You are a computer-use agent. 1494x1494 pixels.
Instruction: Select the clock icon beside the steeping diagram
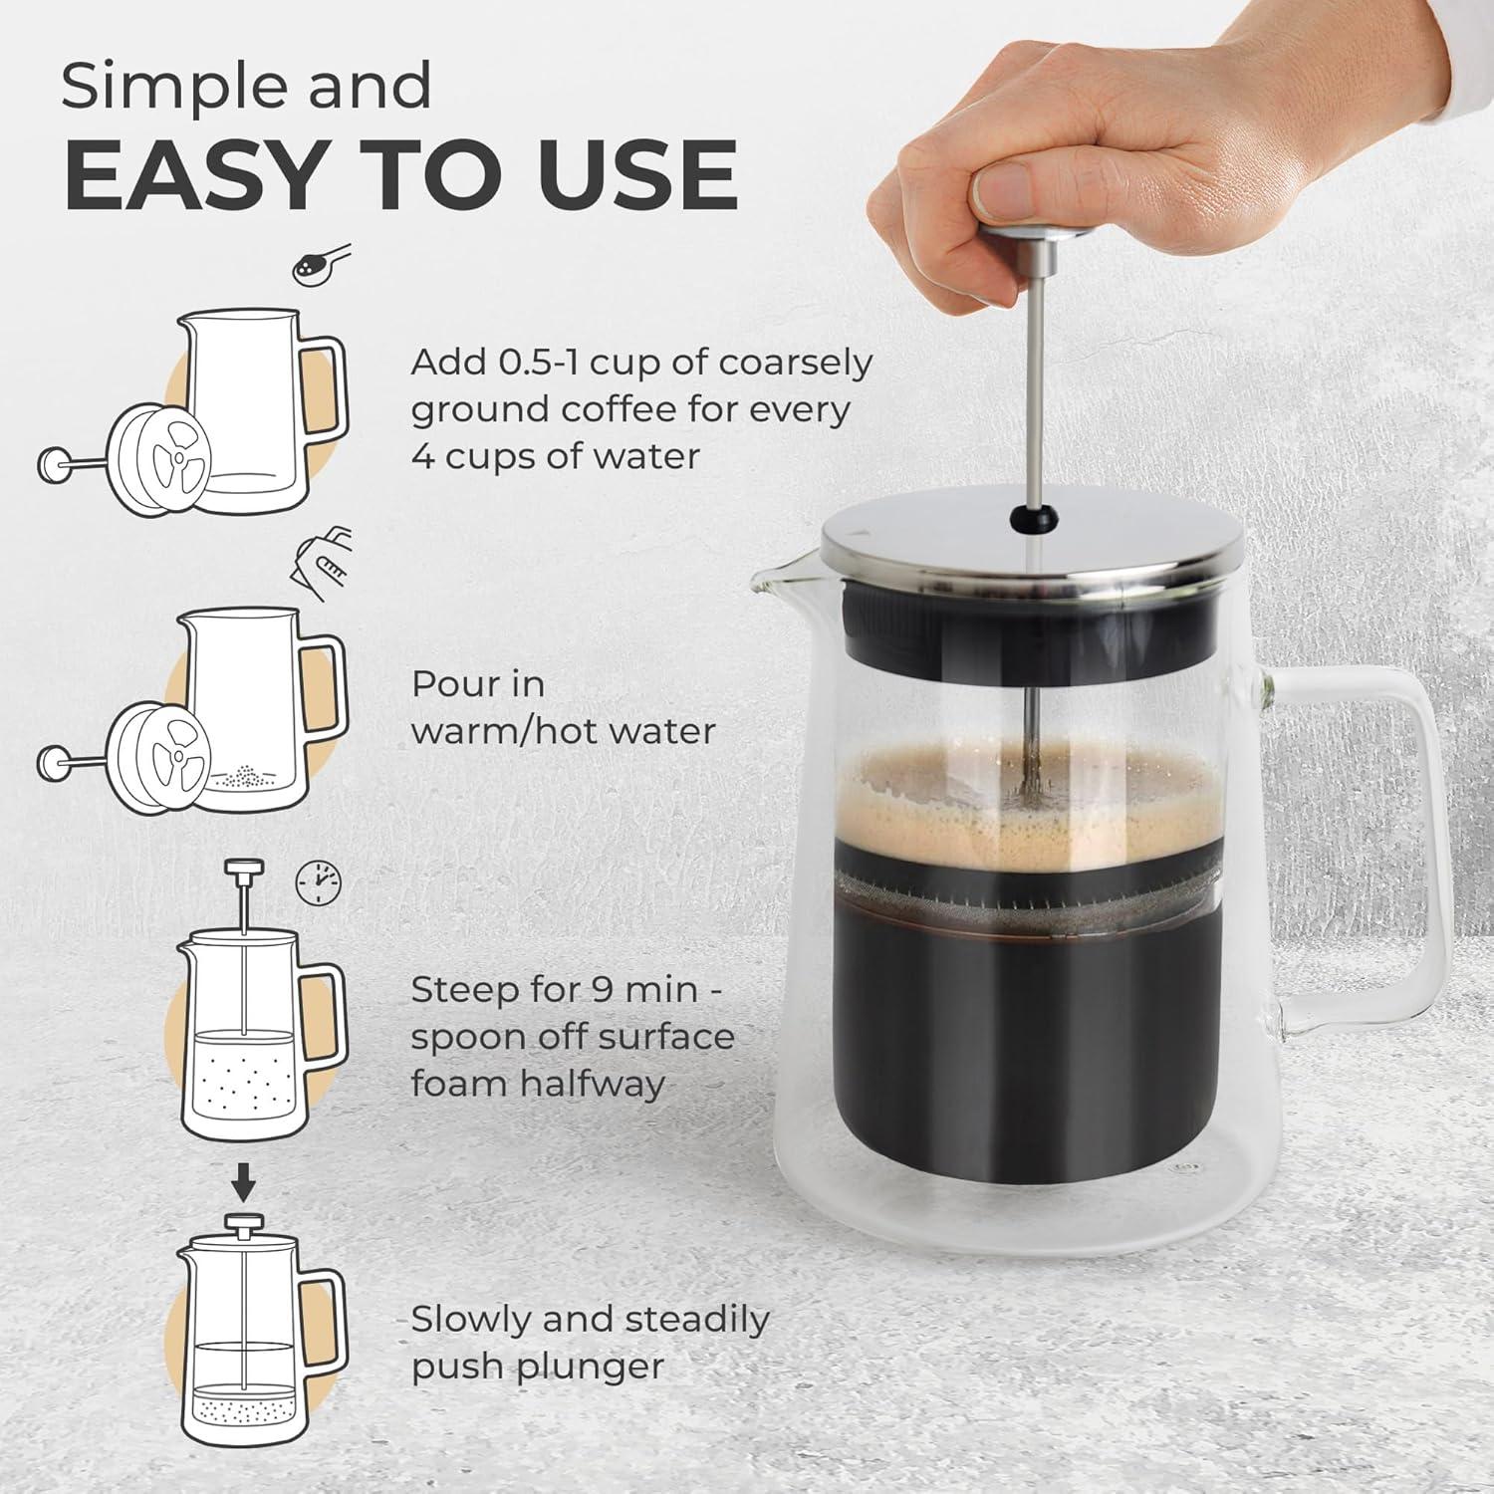pos(319,882)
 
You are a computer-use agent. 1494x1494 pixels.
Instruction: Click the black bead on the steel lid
pos(1021,517)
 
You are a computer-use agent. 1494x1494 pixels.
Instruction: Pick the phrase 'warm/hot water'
pos(563,731)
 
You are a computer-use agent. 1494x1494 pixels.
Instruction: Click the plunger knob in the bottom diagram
pos(242,1222)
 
